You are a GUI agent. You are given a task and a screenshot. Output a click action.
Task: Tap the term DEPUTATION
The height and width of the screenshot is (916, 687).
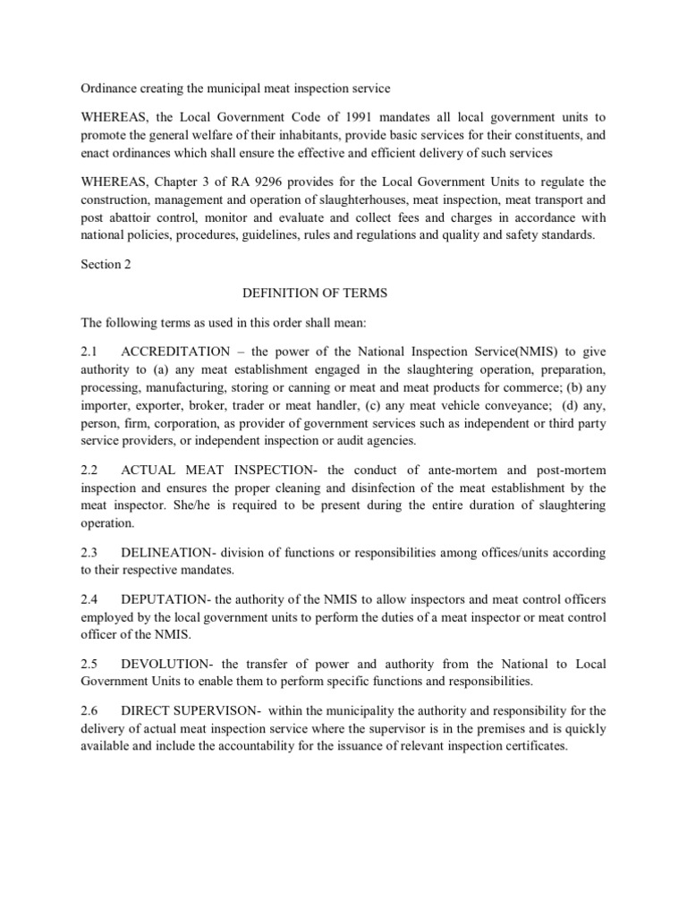pos(153,602)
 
